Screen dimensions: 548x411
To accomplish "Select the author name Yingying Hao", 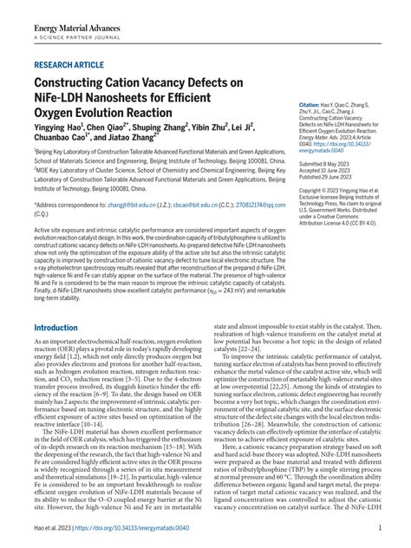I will pyautogui.click(x=63, y=127).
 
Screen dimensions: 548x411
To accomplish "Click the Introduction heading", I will pyautogui.click(x=68, y=304).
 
